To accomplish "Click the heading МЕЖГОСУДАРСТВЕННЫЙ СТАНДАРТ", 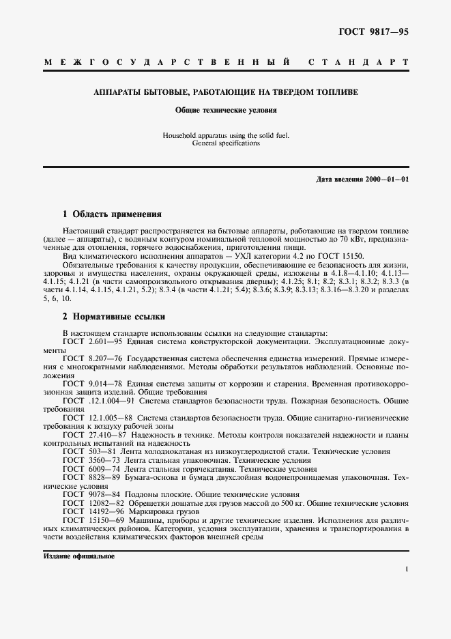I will [x=226, y=63].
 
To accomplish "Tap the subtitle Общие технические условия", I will [x=226, y=109].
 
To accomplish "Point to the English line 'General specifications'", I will [x=226, y=143].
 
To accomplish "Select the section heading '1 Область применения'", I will [x=111, y=214].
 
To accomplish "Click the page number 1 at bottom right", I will [x=407, y=569].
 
